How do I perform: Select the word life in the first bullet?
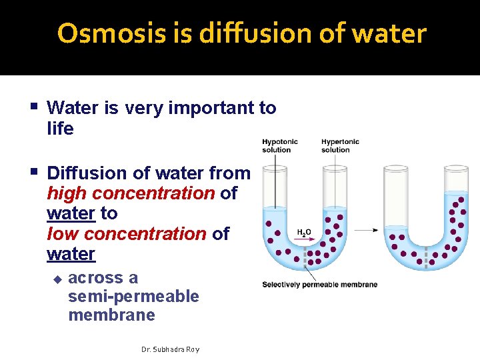point(60,129)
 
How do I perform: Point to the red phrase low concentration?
point(127,234)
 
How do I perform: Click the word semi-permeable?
point(133,296)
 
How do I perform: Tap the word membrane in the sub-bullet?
point(111,315)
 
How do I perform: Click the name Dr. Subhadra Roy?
point(171,349)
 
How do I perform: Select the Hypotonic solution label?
point(279,145)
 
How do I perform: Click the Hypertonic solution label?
point(340,145)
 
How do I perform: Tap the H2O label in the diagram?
point(303,233)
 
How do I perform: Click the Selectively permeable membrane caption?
point(319,285)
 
